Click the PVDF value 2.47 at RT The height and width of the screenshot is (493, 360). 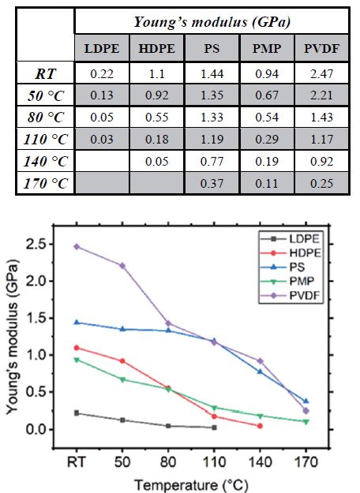coord(321,75)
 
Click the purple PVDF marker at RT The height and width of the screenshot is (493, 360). coord(77,246)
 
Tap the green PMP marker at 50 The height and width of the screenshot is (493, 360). coord(122,379)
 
